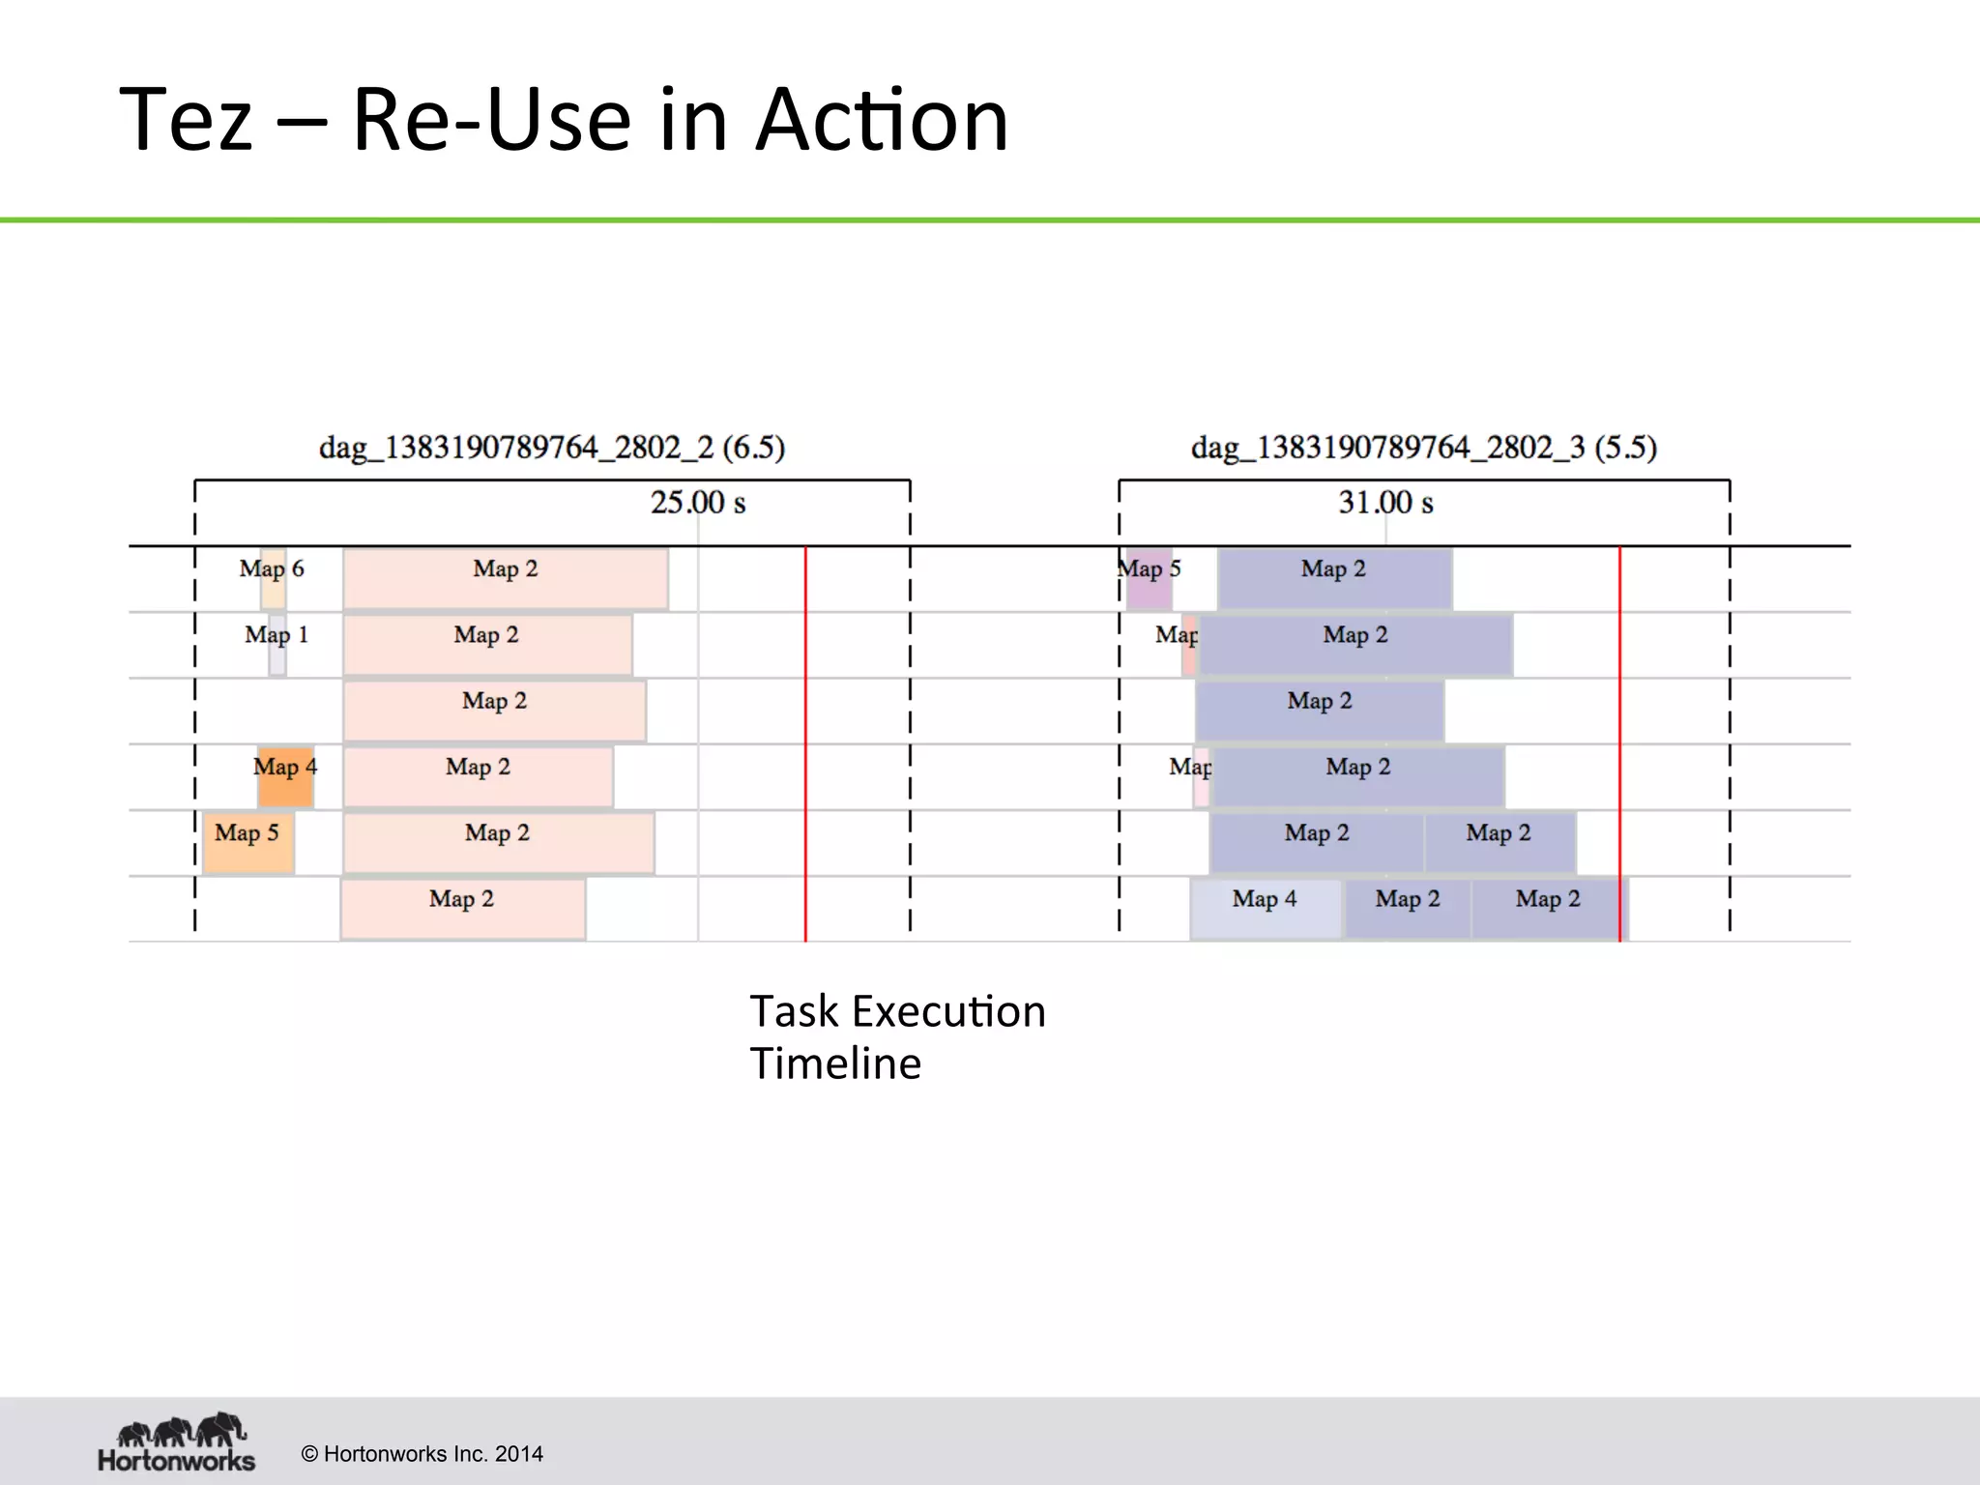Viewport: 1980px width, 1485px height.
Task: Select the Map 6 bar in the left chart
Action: point(274,579)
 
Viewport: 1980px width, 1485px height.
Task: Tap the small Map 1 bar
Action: point(277,645)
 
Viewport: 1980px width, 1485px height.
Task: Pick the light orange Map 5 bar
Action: point(248,842)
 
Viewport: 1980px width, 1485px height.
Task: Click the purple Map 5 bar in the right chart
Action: point(1150,579)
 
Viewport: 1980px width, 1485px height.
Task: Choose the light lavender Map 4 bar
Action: point(1266,909)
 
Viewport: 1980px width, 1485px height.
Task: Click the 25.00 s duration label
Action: point(698,503)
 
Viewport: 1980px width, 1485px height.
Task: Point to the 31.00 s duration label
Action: point(1385,503)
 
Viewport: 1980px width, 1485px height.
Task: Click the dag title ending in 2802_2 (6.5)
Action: point(552,448)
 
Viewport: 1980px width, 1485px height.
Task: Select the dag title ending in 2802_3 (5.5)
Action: point(1423,448)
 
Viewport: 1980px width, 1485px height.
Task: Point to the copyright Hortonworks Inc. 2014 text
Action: point(422,1454)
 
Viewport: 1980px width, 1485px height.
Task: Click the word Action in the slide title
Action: point(882,120)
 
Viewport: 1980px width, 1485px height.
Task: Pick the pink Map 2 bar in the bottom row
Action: point(463,909)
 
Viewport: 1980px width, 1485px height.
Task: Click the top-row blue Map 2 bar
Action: point(1335,579)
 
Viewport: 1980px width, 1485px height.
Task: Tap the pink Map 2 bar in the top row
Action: point(506,579)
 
